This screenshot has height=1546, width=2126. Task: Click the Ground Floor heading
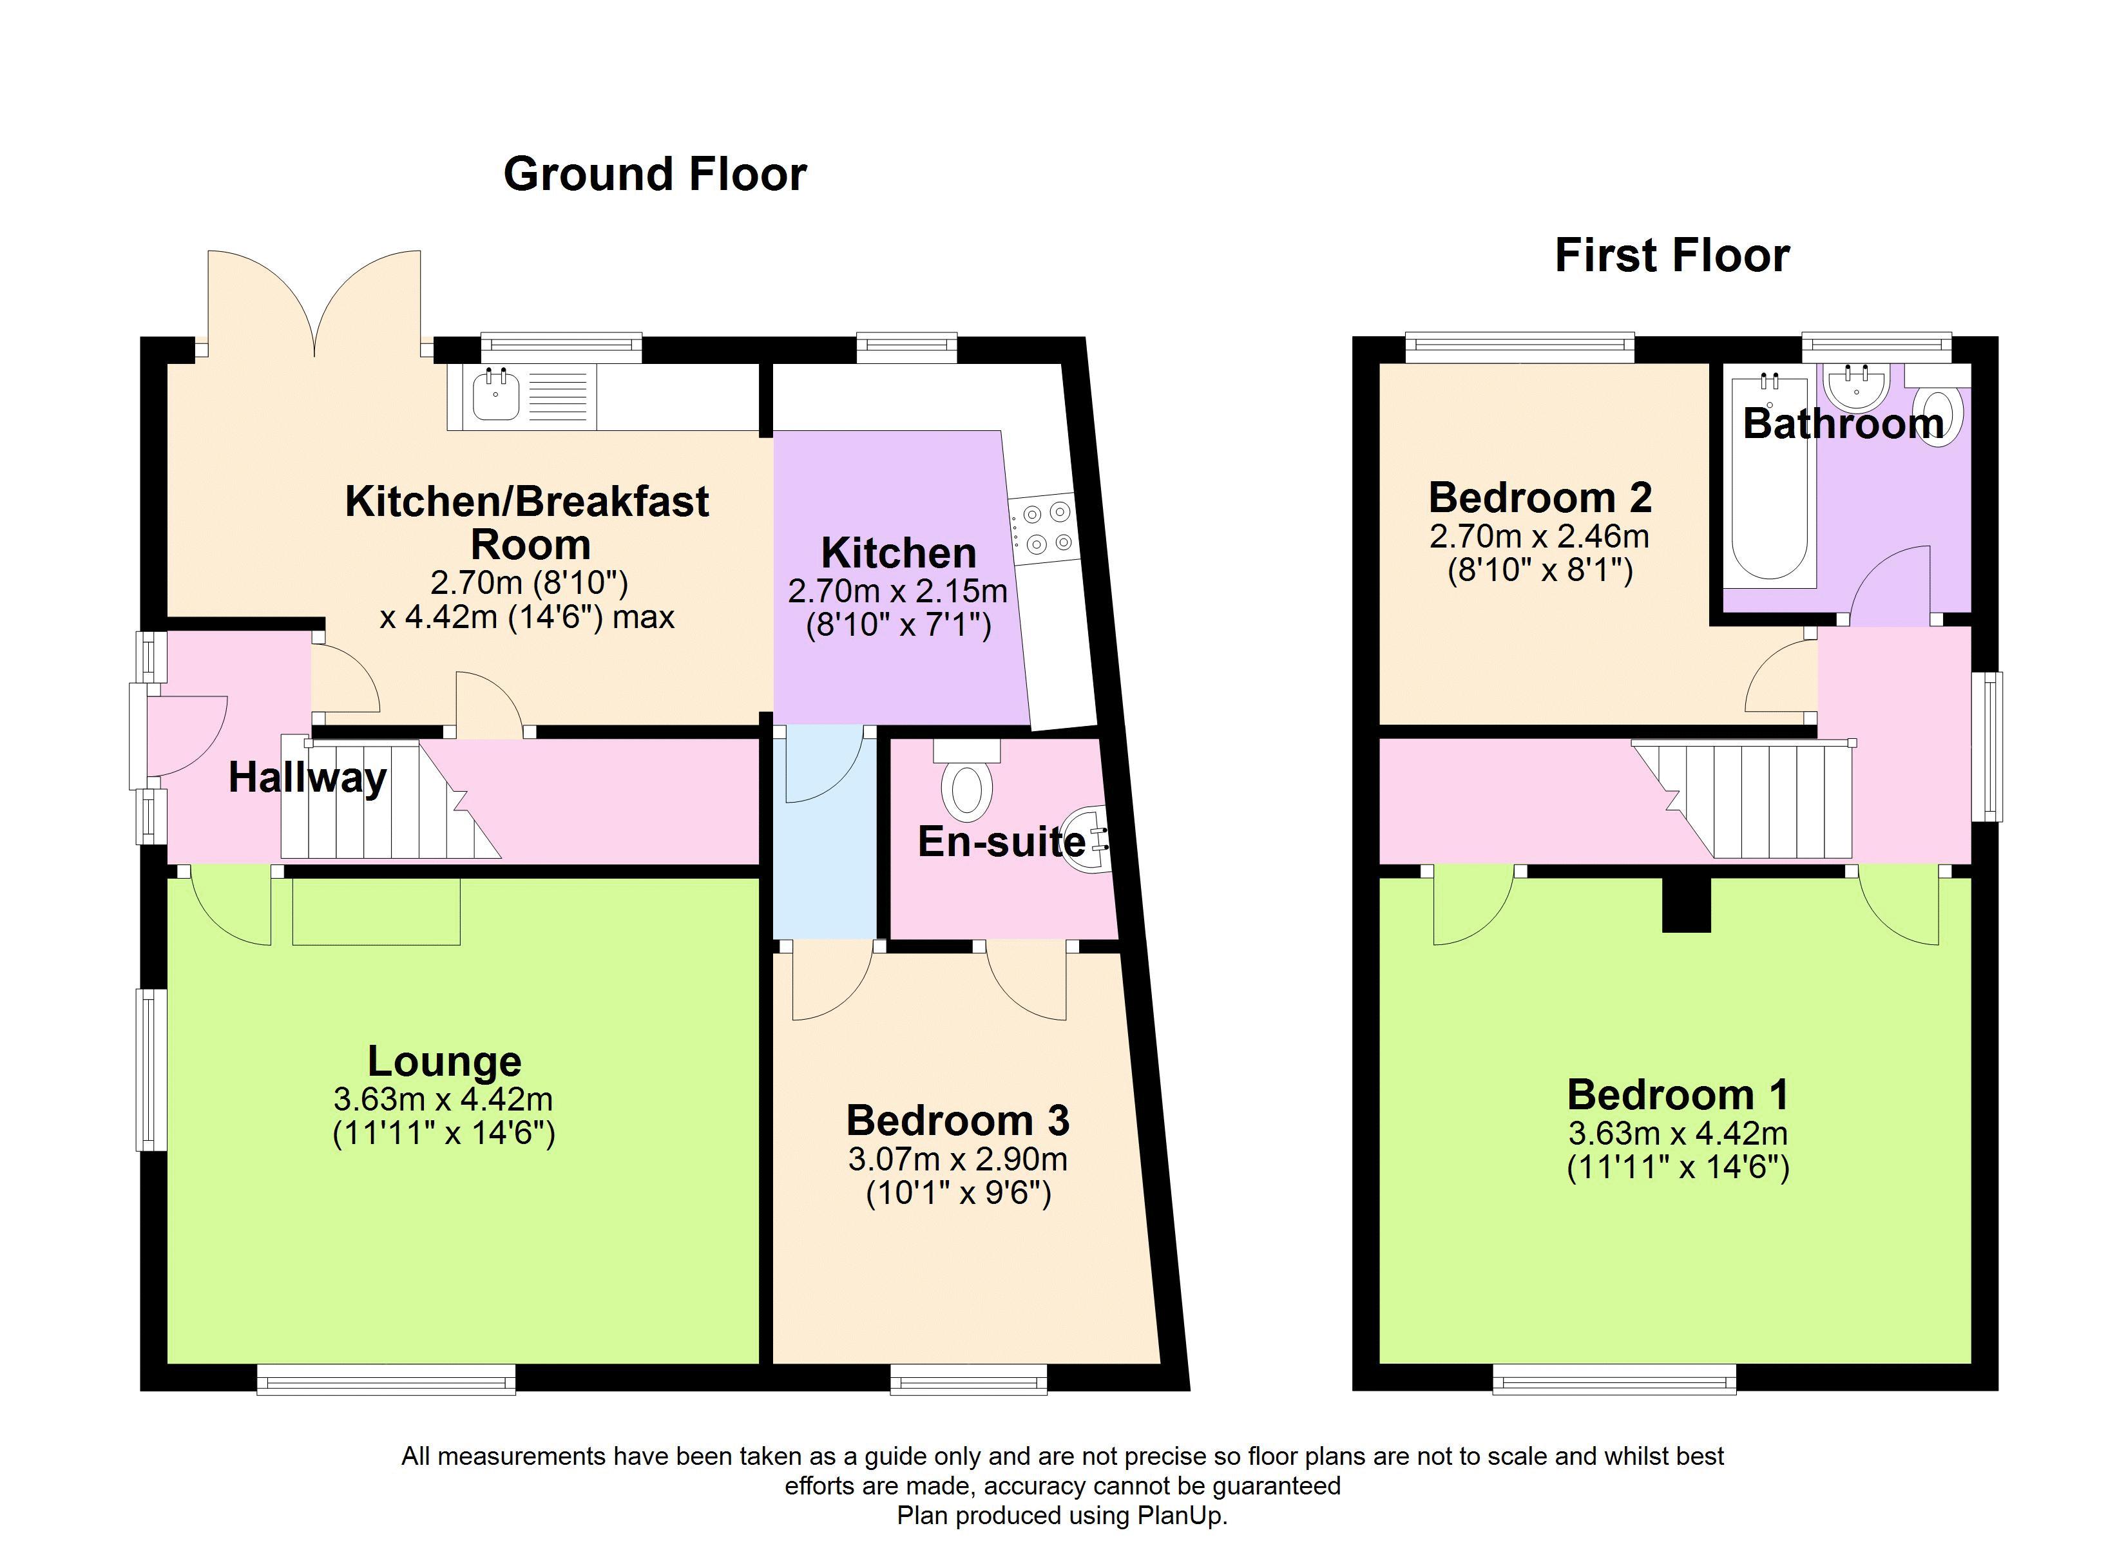pyautogui.click(x=655, y=175)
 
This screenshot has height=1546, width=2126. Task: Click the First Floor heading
pyautogui.click(x=1672, y=256)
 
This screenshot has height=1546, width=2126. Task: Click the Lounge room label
pyautogui.click(x=445, y=1062)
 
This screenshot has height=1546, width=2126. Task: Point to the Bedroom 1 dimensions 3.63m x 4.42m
pyautogui.click(x=1678, y=1134)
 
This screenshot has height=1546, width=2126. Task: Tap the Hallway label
pyautogui.click(x=307, y=779)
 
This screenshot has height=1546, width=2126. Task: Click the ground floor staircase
pyautogui.click(x=389, y=799)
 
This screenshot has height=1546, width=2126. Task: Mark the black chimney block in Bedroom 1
pyautogui.click(x=1687, y=904)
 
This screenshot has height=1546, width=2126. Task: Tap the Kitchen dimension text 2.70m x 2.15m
pyautogui.click(x=898, y=591)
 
